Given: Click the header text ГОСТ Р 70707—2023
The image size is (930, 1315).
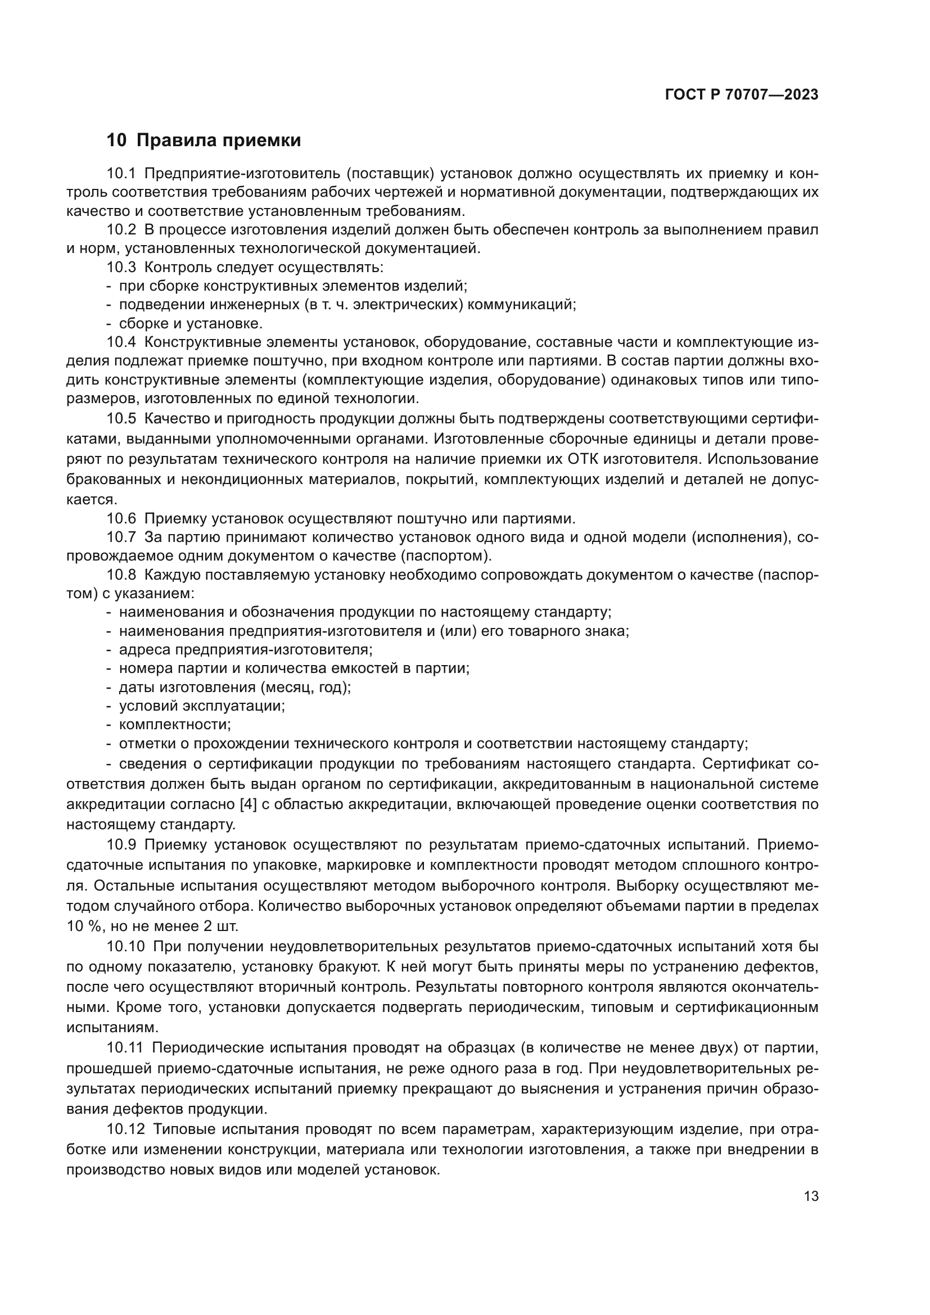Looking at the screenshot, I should coord(741,94).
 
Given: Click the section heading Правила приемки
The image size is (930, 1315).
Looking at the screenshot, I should coord(218,141).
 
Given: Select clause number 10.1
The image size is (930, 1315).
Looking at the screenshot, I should coord(121,174).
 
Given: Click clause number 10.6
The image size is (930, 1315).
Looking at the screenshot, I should coord(121,519).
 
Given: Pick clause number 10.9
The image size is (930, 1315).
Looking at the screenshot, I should coord(121,845).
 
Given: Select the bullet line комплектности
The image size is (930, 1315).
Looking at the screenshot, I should coord(175,725).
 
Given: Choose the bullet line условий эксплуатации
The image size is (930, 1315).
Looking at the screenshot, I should coord(202,706).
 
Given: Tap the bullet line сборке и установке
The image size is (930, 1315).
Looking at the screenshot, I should coord(190,324).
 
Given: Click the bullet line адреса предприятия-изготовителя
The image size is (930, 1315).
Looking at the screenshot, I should coord(245,650).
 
